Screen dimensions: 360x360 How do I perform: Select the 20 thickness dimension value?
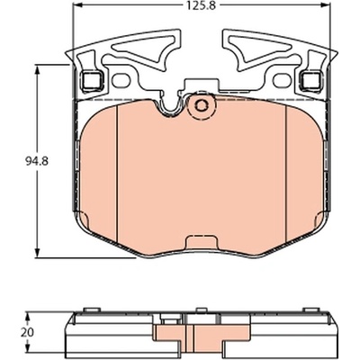point(27,332)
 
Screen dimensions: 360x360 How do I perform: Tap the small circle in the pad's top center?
point(201,105)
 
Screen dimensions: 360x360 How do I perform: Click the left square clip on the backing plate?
point(93,81)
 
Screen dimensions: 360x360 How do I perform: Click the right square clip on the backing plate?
point(311,81)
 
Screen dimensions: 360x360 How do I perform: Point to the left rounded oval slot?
point(121,81)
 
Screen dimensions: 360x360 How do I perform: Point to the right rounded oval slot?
point(283,81)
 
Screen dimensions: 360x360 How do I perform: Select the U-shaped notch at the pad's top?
point(169,106)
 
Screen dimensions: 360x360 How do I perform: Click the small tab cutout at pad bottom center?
point(201,241)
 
